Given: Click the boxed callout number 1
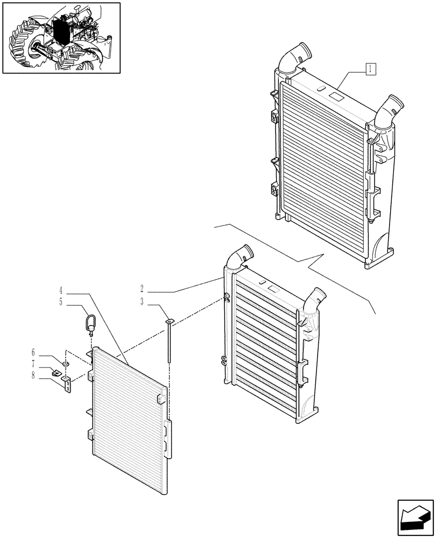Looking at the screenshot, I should pos(371,68).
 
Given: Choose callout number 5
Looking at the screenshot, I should pos(61,303).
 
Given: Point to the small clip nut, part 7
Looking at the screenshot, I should pos(56,372).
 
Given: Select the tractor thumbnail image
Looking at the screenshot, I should pos(61,38).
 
